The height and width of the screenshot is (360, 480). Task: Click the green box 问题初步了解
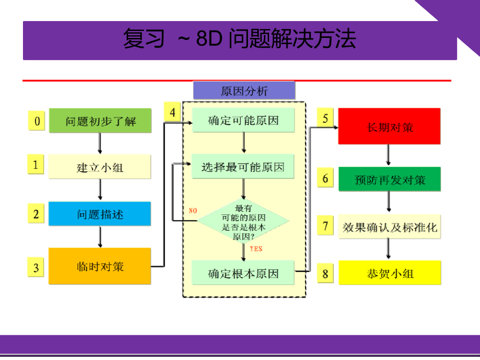tap(100, 120)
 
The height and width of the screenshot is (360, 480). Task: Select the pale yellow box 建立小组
tap(100, 167)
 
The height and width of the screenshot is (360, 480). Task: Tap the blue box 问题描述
tap(100, 214)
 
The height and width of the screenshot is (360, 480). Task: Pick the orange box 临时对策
tap(100, 266)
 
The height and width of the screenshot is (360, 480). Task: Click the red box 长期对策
tap(389, 126)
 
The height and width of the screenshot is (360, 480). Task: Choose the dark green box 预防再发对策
tap(389, 180)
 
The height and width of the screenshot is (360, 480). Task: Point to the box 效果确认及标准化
tap(389, 227)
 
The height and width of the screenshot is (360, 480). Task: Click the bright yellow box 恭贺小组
tap(389, 273)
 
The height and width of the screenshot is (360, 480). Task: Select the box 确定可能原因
tap(243, 120)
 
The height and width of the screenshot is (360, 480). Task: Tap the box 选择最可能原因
tap(243, 166)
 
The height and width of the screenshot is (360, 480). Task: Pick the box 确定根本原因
tap(243, 273)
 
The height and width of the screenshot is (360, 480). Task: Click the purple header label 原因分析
tap(244, 90)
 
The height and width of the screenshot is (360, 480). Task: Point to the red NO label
tap(193, 210)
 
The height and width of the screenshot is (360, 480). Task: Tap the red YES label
tap(256, 248)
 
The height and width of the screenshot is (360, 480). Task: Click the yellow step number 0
tap(37, 121)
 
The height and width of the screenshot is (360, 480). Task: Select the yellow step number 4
tap(172, 112)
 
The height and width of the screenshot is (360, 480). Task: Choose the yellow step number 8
tap(325, 273)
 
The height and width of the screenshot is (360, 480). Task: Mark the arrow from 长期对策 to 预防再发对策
tap(389, 155)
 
